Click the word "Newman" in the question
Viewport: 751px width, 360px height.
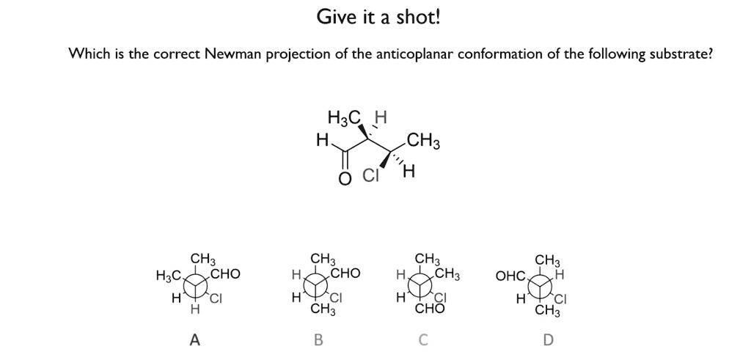coord(231,54)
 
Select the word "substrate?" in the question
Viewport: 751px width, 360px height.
coord(680,54)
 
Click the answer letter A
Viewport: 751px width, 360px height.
coord(194,339)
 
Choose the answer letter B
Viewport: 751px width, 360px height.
coord(318,339)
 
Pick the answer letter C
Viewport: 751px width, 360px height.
coord(423,339)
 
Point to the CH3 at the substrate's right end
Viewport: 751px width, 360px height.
coord(424,139)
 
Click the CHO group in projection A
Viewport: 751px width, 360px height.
coord(224,275)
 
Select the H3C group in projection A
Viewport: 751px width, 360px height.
coord(168,276)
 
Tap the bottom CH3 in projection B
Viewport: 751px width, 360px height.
coord(320,309)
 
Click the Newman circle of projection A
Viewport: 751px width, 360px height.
coord(196,285)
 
